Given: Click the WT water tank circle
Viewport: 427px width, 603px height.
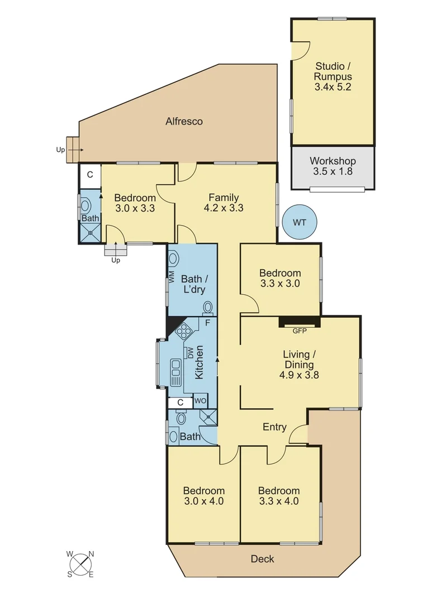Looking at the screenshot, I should [300, 222].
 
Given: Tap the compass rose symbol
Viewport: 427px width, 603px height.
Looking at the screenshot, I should [81, 564].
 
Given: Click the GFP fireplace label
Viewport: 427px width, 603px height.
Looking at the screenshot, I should [300, 331].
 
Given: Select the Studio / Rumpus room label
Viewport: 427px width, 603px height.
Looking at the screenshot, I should [333, 76].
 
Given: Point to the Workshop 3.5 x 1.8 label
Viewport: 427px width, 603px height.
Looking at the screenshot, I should [333, 166].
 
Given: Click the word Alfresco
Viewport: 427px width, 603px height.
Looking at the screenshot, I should [184, 121].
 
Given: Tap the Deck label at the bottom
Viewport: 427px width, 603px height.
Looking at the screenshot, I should [263, 558].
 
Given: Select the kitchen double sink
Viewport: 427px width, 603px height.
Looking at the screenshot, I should [176, 371].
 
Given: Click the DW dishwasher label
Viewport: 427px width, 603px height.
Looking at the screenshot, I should [190, 352].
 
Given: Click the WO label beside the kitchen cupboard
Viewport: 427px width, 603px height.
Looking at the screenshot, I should [200, 401].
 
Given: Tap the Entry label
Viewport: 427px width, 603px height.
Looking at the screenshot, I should [274, 427].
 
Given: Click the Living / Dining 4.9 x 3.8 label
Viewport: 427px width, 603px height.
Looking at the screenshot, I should [299, 365].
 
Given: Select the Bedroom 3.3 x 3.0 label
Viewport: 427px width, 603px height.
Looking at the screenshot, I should [280, 278].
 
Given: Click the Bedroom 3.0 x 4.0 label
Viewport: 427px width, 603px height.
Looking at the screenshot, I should [204, 496].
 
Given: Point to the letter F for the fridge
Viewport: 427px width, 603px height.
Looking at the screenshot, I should [207, 323].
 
